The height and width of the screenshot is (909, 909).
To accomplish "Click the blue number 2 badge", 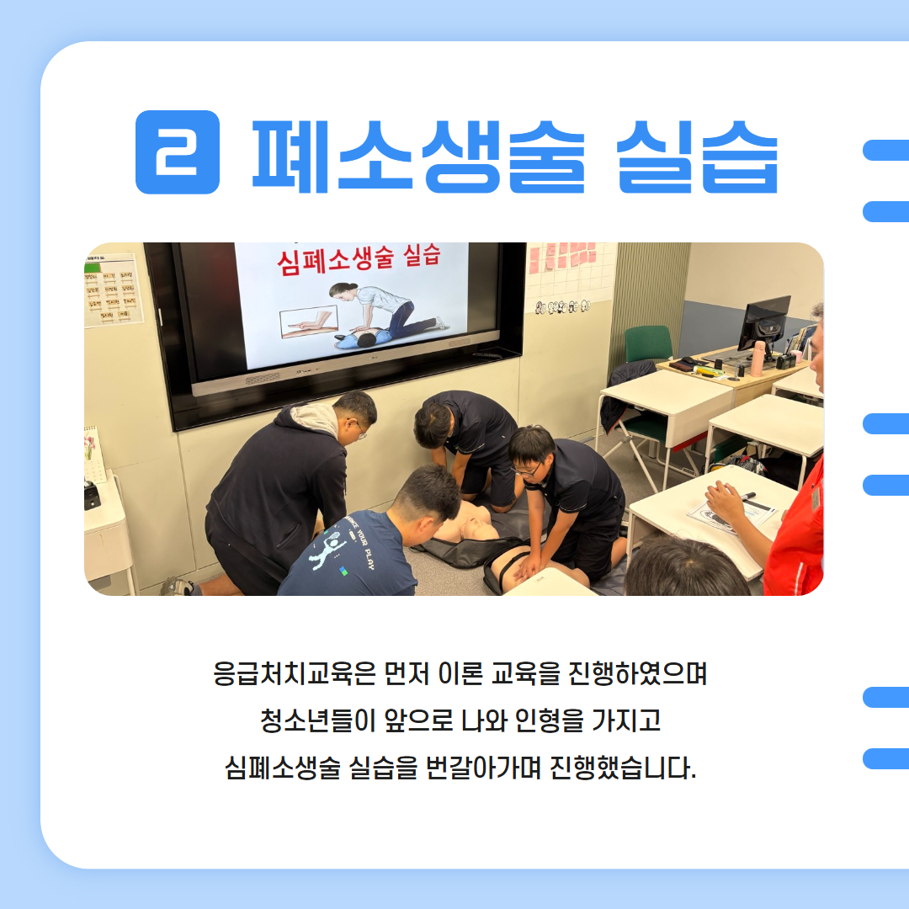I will pos(178,152).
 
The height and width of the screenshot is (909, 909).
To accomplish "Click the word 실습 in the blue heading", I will pos(697,155).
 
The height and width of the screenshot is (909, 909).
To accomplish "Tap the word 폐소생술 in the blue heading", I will pos(418,155).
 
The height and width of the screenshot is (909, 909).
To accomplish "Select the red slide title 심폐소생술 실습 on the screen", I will pos(359,257).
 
